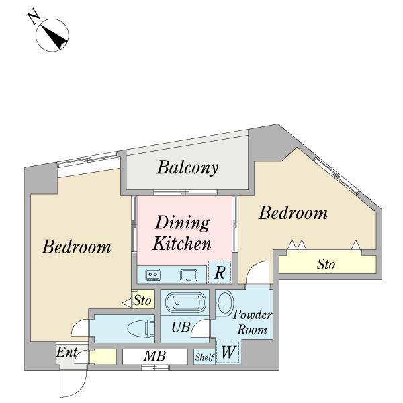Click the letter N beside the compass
[33, 17]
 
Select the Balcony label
[187, 167]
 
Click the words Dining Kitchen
[182, 233]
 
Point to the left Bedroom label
[77, 247]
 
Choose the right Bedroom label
[293, 213]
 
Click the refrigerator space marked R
[220, 272]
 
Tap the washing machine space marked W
[228, 352]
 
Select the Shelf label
[204, 357]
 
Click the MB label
[155, 356]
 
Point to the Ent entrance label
[66, 352]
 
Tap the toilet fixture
[141, 328]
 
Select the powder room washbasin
[224, 304]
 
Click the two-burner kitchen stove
[152, 275]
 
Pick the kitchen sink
[189, 275]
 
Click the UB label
[181, 327]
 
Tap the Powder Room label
[253, 322]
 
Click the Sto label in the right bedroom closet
[326, 264]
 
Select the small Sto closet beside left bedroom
[143, 300]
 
